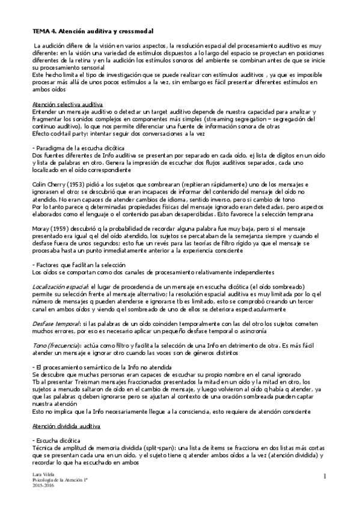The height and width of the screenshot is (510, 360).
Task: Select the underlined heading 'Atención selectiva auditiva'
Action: (x=67, y=104)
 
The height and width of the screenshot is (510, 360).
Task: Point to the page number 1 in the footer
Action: (x=323, y=477)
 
